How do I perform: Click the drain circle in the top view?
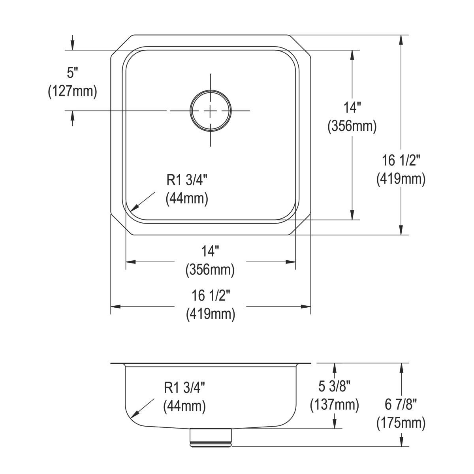click(x=210, y=111)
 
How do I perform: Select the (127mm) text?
click(x=72, y=91)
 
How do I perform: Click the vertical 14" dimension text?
click(x=352, y=108)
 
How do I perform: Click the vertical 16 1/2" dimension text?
click(x=401, y=160)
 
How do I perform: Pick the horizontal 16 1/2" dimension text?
click(x=210, y=295)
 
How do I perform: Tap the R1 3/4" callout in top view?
click(x=187, y=180)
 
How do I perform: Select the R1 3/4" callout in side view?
click(x=184, y=388)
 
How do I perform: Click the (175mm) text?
click(x=401, y=423)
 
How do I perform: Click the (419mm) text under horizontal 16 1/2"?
click(x=210, y=314)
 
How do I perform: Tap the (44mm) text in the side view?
click(x=184, y=406)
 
